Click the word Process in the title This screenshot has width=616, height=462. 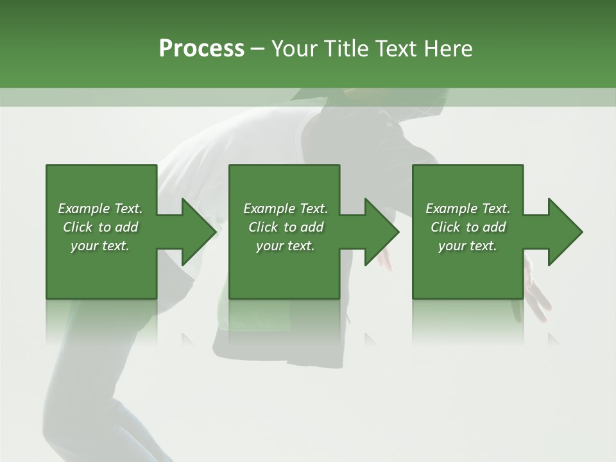[201, 49]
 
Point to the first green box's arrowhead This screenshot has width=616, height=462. [196, 232]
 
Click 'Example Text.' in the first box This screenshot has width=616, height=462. [100, 209]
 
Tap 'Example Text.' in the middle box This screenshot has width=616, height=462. [286, 209]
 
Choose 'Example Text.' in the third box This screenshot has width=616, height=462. [468, 209]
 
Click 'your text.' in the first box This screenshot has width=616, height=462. [100, 246]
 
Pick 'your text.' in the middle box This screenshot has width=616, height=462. [286, 246]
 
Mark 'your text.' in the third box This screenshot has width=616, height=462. [468, 246]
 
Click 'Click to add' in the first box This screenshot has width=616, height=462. [100, 227]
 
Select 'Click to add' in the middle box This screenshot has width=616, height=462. [286, 227]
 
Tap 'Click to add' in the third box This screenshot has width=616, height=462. [468, 227]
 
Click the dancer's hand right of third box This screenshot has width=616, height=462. [536, 289]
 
